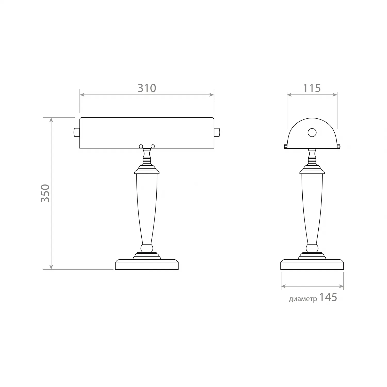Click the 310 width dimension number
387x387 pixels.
point(147,88)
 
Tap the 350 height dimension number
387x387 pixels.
point(45,193)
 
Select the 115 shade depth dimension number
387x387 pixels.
point(312,88)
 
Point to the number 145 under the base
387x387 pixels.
point(328,297)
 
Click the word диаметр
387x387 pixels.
point(303,299)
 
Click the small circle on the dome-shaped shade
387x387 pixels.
point(312,133)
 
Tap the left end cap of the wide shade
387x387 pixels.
point(77,132)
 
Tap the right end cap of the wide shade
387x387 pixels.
point(217,132)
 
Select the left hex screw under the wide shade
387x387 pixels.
point(141,146)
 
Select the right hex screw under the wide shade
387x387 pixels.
point(153,146)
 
